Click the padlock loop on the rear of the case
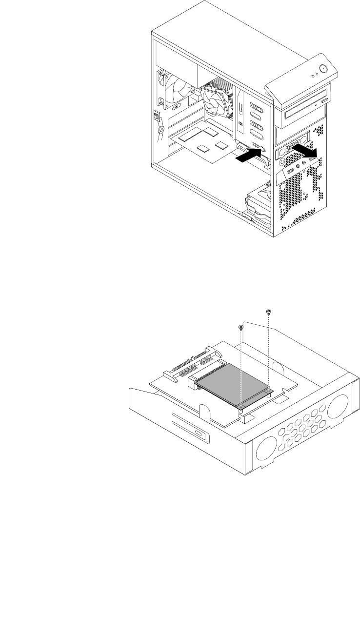(x=160, y=130)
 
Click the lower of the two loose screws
(x=240, y=328)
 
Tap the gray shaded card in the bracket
(x=233, y=381)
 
